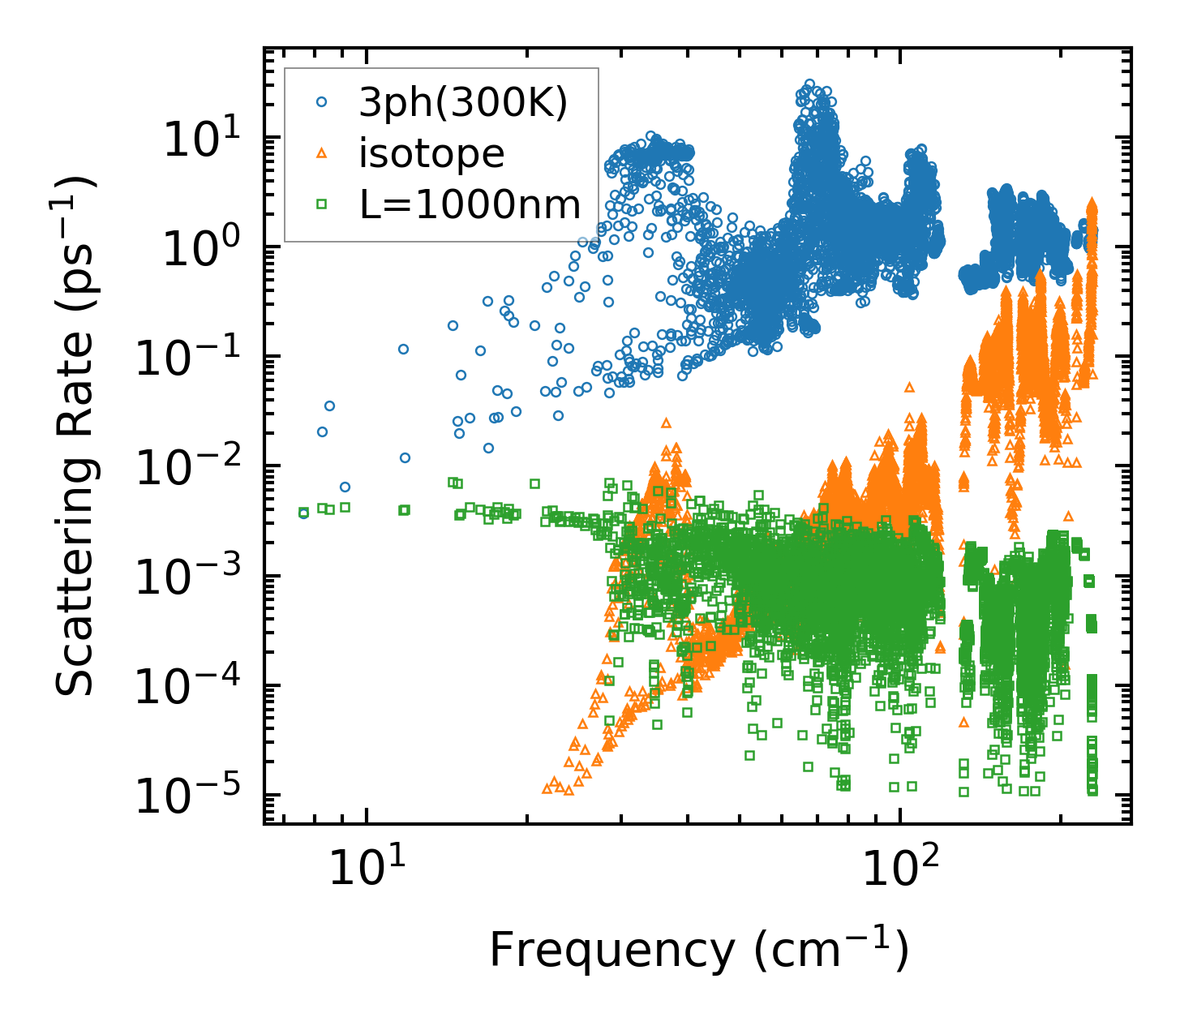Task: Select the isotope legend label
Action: [431, 153]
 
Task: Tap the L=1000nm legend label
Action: [470, 204]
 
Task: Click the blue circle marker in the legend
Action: [322, 103]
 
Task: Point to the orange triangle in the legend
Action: [322, 153]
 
